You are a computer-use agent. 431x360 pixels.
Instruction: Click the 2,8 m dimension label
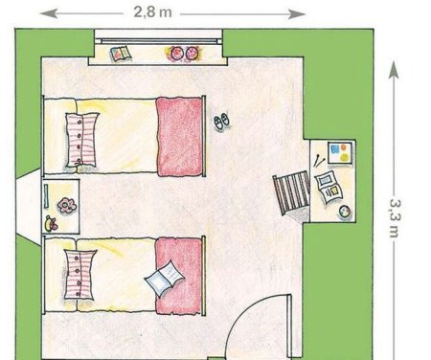tap(152, 12)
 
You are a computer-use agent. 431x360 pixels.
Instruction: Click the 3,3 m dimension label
tap(395, 218)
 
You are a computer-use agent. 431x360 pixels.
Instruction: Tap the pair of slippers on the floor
tap(222, 121)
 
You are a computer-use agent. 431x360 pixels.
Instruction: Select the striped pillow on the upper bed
tap(81, 140)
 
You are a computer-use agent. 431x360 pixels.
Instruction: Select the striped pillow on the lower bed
tap(79, 275)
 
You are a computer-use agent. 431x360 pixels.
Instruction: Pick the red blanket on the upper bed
tap(180, 137)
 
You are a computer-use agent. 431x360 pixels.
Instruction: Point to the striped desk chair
tap(291, 192)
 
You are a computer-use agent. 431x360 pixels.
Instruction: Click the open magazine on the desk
tap(329, 187)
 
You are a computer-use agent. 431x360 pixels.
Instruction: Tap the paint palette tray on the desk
tap(340, 153)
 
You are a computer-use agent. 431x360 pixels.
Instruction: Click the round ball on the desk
tap(345, 212)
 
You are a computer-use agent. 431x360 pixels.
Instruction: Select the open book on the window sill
tap(121, 54)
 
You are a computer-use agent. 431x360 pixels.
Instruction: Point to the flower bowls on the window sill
tap(182, 53)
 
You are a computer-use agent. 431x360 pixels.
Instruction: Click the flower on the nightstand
tap(66, 205)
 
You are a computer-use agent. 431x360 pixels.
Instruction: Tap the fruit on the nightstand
tap(51, 224)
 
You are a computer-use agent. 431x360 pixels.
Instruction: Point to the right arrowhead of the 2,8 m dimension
tap(297, 13)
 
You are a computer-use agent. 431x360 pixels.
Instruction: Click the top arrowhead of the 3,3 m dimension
tap(395, 70)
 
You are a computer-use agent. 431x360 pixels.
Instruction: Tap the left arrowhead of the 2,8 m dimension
tap(49, 13)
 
